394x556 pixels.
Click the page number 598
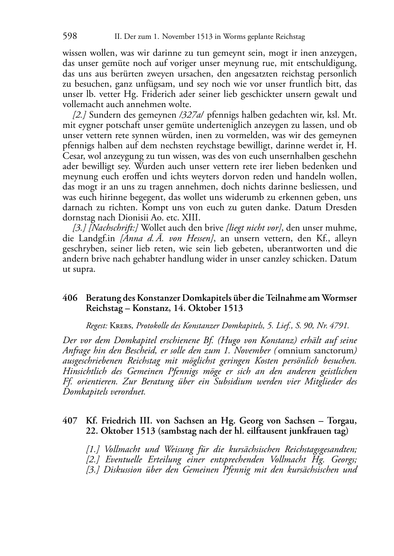69,36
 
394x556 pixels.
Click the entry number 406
70,298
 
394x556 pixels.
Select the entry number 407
70,421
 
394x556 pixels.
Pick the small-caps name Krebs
120,325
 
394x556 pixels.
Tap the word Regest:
97,325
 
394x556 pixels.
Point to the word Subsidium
229,381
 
